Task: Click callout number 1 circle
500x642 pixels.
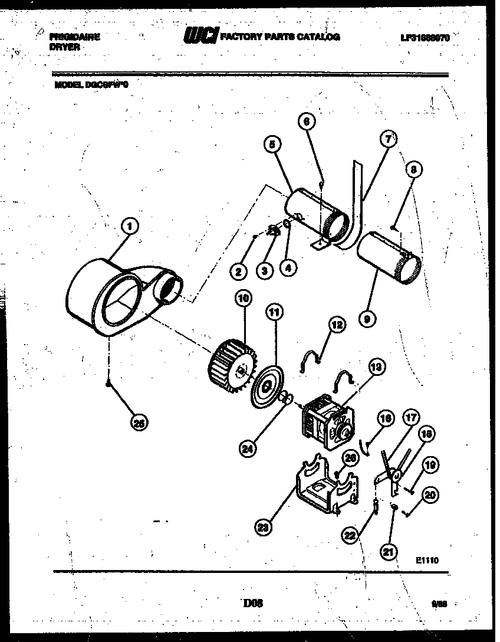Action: click(x=130, y=225)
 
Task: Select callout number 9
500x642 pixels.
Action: click(x=367, y=319)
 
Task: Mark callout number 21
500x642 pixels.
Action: click(x=387, y=553)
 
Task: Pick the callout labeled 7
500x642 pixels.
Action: click(x=387, y=139)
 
